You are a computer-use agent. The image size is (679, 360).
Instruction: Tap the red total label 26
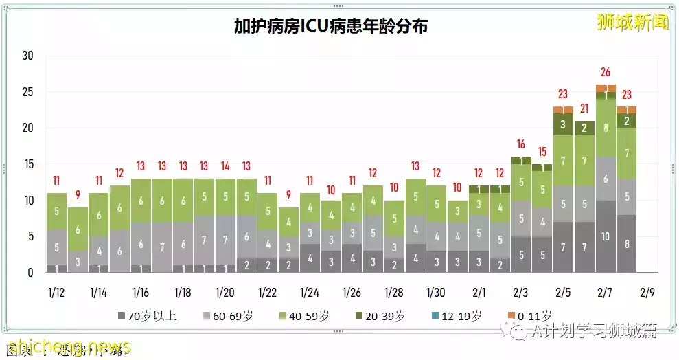click(x=605, y=71)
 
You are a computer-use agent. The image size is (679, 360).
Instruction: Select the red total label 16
click(x=520, y=144)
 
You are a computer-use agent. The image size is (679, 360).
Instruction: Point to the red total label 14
click(x=225, y=166)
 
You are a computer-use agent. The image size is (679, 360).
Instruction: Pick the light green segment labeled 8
click(x=605, y=128)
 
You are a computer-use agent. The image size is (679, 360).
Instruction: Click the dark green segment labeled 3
click(x=563, y=124)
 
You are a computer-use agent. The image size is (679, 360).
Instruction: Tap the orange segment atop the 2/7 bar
click(x=605, y=88)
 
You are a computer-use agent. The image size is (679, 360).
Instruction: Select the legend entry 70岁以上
click(x=146, y=316)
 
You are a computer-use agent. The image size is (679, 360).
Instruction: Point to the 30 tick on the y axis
click(x=27, y=56)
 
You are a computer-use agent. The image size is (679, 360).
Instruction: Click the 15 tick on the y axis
click(x=27, y=165)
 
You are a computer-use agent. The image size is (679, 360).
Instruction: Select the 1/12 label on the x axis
click(x=56, y=292)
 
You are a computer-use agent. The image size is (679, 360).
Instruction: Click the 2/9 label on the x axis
click(x=647, y=292)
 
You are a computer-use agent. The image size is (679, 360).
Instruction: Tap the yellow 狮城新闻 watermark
click(x=632, y=22)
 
